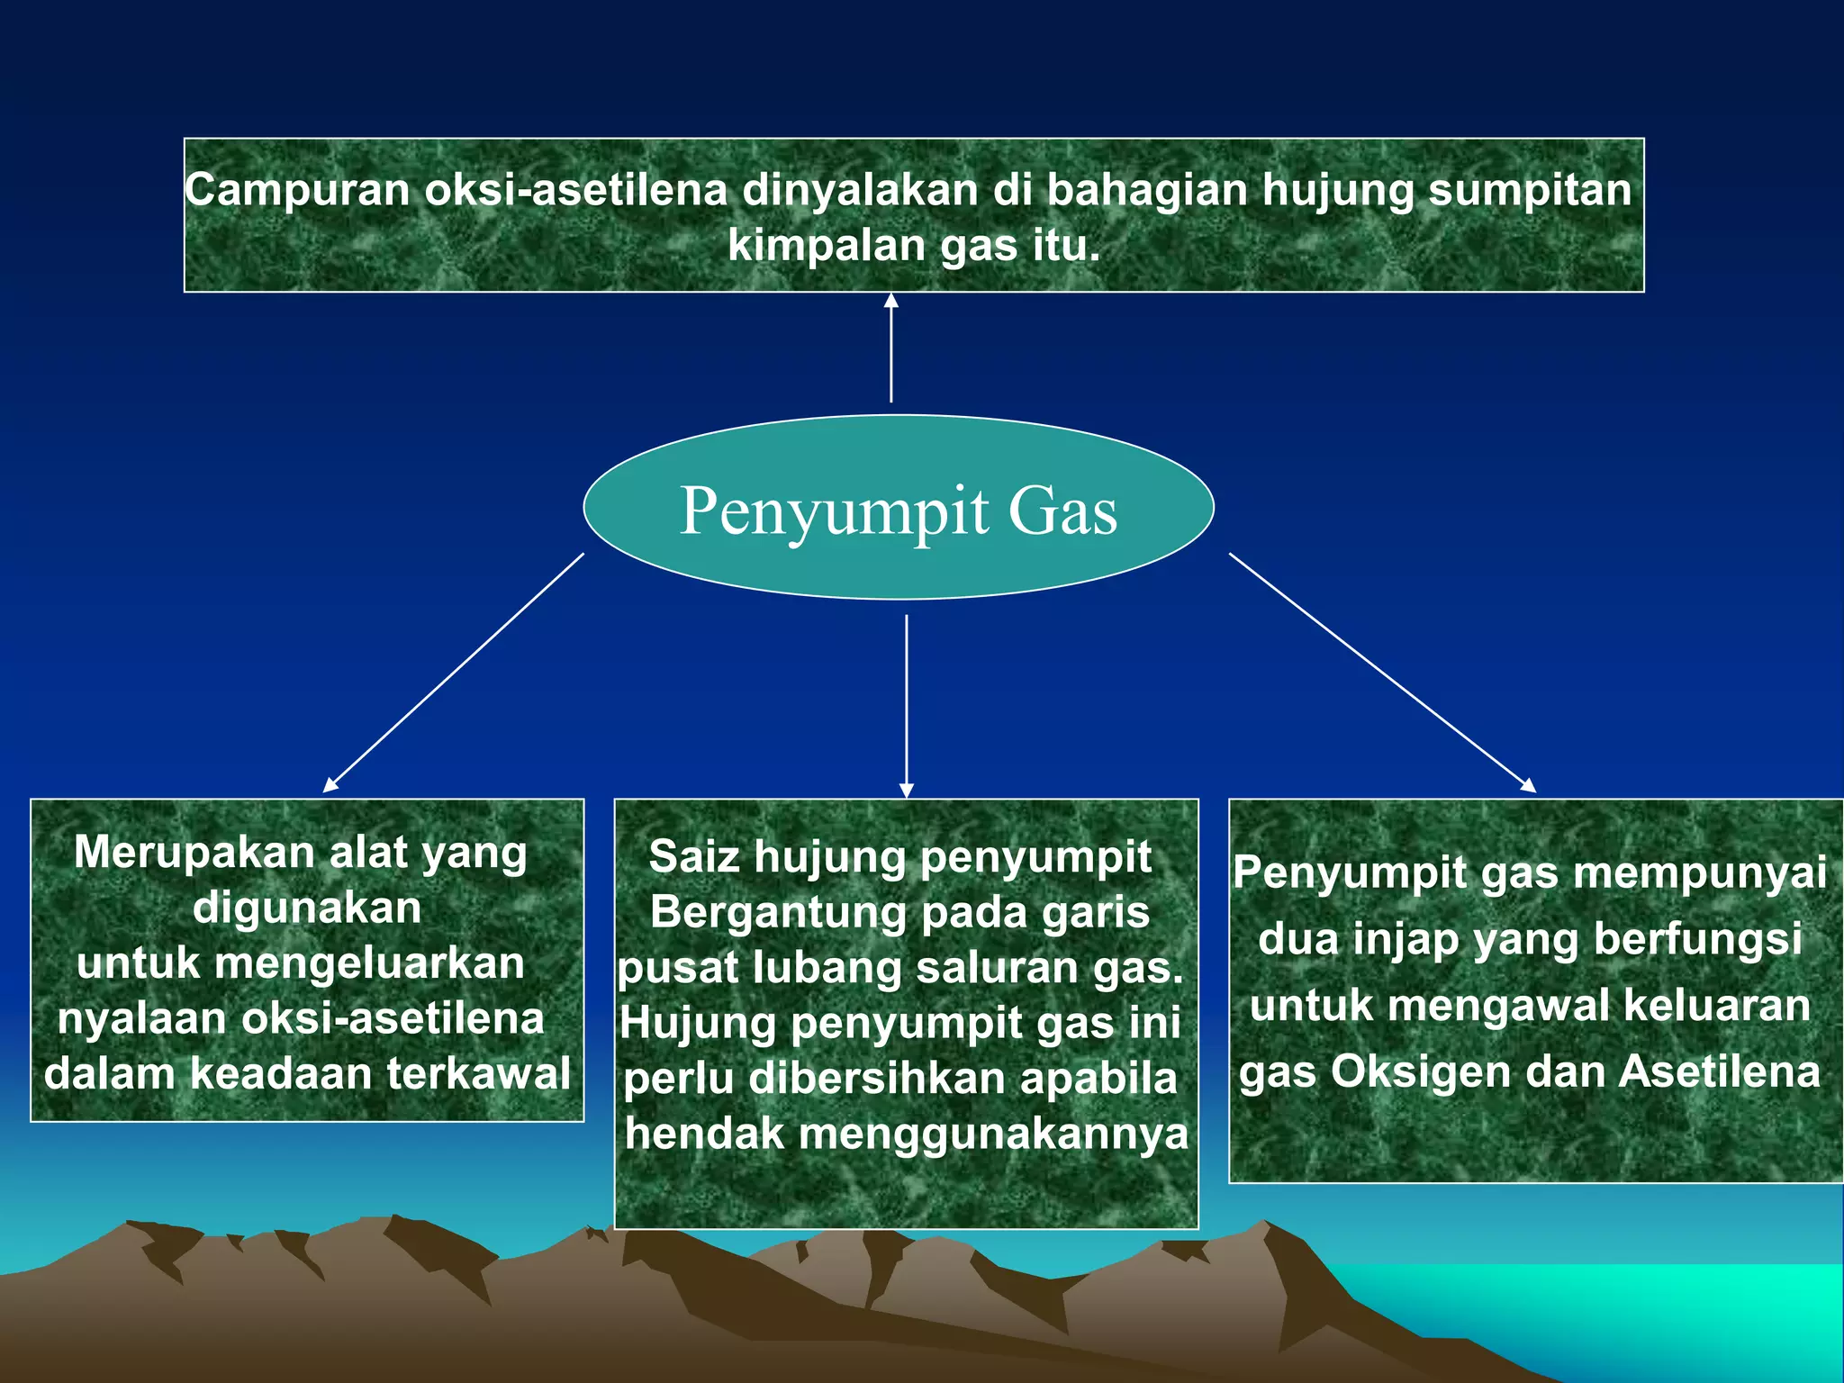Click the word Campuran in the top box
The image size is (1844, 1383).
point(298,191)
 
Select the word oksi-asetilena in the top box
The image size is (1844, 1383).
point(576,191)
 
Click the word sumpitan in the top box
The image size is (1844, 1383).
point(1531,191)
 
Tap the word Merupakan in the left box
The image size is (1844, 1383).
point(194,852)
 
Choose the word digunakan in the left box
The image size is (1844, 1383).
point(307,908)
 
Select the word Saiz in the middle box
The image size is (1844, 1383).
point(694,856)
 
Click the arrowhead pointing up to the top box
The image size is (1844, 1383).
point(891,301)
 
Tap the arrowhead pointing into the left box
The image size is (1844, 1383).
point(330,785)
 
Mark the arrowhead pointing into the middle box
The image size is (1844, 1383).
point(907,791)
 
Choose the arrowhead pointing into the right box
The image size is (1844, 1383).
point(1528,785)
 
